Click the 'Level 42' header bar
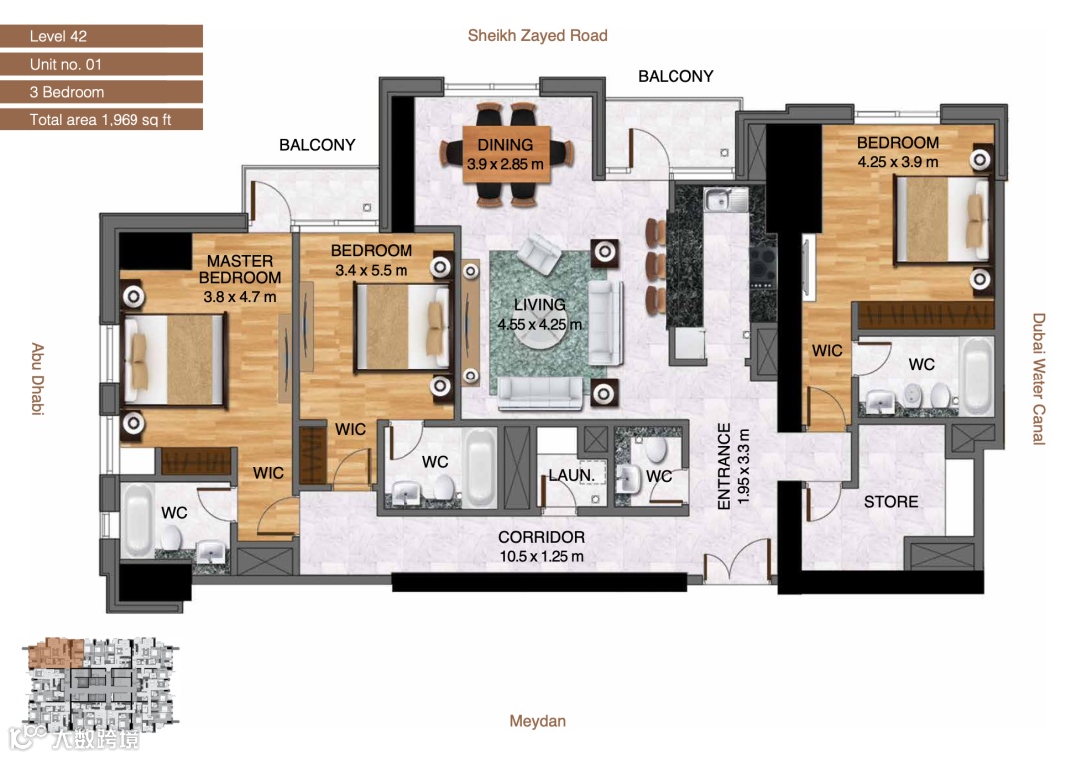click(102, 36)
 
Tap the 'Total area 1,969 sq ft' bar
click(102, 119)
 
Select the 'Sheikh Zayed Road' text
click(537, 35)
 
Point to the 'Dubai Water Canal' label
click(1039, 379)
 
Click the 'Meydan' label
click(537, 721)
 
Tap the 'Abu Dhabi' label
click(37, 379)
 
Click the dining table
click(506, 154)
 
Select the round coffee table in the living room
click(540, 324)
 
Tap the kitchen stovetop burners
click(762, 265)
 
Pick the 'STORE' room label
click(890, 501)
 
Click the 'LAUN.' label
click(571, 475)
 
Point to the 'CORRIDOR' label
click(541, 537)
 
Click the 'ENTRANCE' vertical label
click(724, 466)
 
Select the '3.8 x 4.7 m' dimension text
click(239, 297)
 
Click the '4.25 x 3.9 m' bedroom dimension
click(897, 162)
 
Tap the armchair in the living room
click(539, 252)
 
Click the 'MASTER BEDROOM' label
click(240, 269)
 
